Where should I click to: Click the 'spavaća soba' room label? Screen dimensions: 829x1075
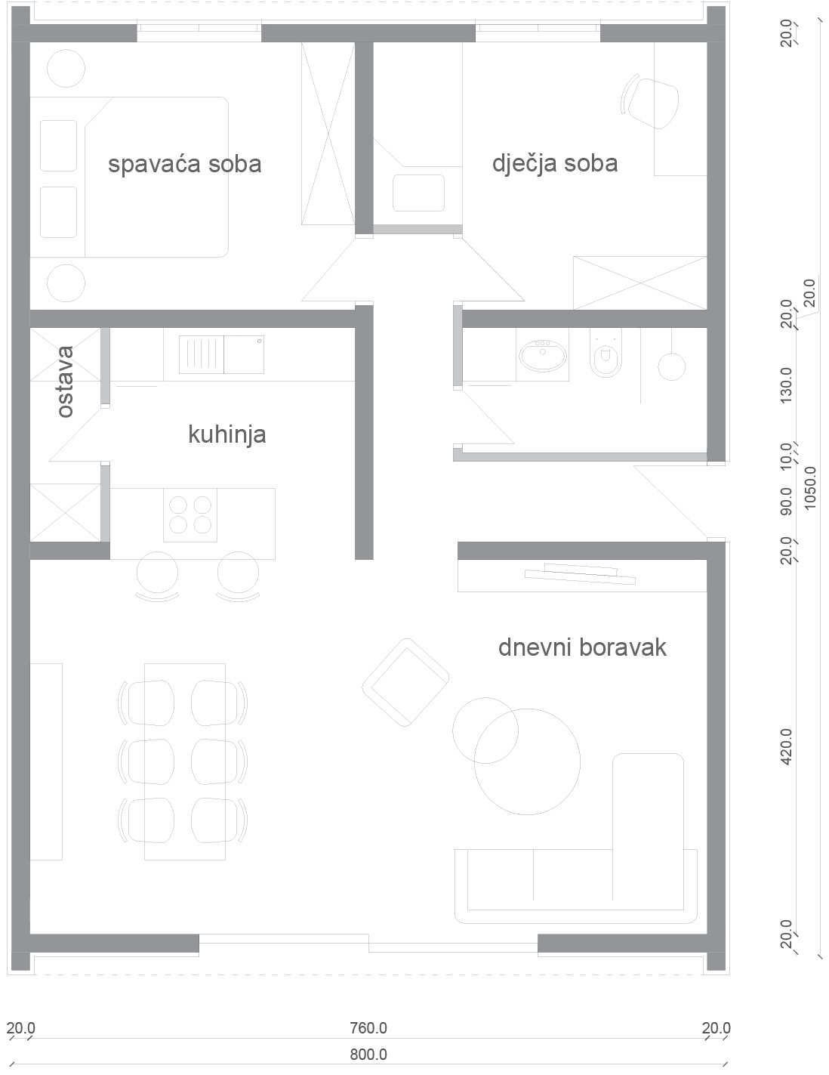pos(184,165)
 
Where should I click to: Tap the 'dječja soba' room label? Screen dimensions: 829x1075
pos(555,164)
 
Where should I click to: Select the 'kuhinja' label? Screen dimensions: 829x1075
pos(227,435)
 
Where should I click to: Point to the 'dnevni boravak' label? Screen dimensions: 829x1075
pos(582,647)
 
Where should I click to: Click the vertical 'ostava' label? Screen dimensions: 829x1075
pos(65,382)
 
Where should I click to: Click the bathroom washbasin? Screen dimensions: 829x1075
pos(542,355)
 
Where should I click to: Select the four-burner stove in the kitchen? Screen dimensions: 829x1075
pos(190,515)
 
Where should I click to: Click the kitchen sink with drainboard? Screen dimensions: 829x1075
pos(221,355)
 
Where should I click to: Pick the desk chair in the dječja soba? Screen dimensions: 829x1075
pos(650,103)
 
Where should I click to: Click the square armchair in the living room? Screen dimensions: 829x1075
pos(405,683)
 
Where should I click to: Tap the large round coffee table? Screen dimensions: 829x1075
pos(527,761)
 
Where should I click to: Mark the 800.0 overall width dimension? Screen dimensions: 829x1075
pos(368,1054)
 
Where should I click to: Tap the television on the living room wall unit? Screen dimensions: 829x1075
pos(580,574)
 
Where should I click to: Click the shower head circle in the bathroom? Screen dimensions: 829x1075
pos(671,366)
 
